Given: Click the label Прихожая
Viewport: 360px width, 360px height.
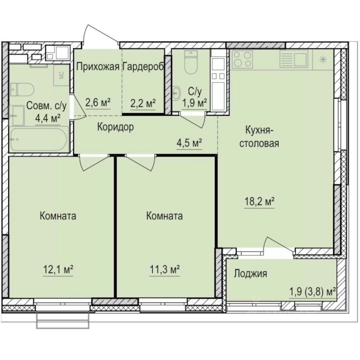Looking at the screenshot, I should (x=97, y=67).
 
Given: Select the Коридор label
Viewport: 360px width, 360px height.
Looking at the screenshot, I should (x=115, y=127).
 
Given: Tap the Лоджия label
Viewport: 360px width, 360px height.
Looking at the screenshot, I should (x=250, y=274).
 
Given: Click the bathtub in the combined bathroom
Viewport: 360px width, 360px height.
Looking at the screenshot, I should (x=38, y=139).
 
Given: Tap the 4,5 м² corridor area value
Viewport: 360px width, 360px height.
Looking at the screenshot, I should (x=190, y=142).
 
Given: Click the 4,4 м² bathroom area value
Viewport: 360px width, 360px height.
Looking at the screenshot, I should (x=48, y=118).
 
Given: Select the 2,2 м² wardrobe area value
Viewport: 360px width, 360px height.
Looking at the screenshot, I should (x=143, y=102).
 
